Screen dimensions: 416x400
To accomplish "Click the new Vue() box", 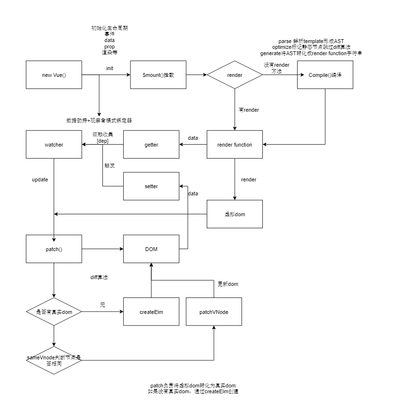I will (54, 75).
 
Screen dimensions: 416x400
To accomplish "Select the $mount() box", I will (158, 75).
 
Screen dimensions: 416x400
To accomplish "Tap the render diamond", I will (234, 75).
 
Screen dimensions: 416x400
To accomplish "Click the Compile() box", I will (325, 75).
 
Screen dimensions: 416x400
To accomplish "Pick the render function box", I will (234, 145).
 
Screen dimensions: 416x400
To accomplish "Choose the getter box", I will (151, 145).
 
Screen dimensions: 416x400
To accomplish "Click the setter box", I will (151, 186).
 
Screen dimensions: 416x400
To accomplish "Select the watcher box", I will (54, 145).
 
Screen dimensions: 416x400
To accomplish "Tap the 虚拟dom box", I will (234, 214).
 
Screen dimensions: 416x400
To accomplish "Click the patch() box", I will (54, 249).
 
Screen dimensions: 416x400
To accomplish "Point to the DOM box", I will (151, 249).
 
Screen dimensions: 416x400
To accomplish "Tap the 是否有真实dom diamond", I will (54, 312).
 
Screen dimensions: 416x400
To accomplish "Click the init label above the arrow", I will (110, 68).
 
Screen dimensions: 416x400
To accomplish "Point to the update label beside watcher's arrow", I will (40, 179).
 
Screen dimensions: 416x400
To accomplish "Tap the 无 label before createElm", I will (102, 305).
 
